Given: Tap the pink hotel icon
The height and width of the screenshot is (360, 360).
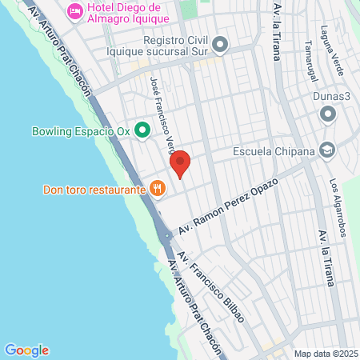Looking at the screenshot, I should (75, 10).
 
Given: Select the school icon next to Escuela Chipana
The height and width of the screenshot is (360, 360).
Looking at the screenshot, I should (326, 150).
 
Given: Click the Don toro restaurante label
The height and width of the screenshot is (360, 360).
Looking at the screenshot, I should (93, 190).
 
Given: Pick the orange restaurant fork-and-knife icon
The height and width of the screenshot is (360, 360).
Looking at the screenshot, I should (158, 189).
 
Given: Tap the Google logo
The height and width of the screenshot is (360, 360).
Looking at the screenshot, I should (26, 350).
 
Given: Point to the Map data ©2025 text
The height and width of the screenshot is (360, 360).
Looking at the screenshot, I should (326, 354).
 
